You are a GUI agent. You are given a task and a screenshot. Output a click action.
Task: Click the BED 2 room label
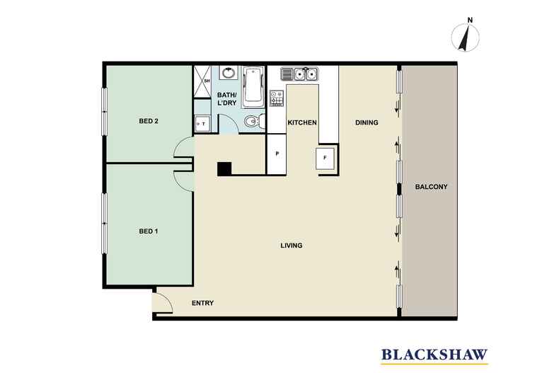(x=149, y=121)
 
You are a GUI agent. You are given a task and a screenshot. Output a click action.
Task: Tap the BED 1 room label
(x=149, y=231)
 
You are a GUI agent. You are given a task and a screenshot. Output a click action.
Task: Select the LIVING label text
(x=292, y=246)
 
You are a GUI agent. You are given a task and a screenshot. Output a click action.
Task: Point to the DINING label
(x=367, y=122)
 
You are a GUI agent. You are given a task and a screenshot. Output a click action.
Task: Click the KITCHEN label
(x=302, y=122)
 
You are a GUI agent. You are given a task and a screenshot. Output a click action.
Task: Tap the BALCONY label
(x=431, y=187)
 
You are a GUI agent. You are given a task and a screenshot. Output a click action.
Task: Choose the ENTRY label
(x=202, y=303)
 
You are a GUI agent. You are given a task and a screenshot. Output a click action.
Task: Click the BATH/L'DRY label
(x=226, y=99)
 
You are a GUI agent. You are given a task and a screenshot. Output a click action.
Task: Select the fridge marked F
(x=325, y=159)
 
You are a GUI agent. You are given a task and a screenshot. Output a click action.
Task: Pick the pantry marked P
(x=277, y=154)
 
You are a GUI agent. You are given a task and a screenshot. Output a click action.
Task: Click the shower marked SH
(x=202, y=81)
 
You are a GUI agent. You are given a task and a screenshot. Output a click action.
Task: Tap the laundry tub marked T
(x=202, y=124)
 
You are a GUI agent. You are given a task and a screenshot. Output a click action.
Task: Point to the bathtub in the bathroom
(x=253, y=86)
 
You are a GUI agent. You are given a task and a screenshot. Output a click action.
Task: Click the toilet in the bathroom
(x=255, y=121)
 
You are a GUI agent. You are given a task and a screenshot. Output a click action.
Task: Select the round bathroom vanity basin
(x=228, y=73)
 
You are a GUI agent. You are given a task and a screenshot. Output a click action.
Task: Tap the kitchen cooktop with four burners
(x=277, y=98)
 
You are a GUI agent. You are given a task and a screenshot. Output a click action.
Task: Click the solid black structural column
(x=224, y=169)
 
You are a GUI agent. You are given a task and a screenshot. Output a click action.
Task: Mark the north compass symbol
(x=465, y=36)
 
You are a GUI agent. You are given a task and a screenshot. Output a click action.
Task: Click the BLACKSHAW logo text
(x=434, y=355)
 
